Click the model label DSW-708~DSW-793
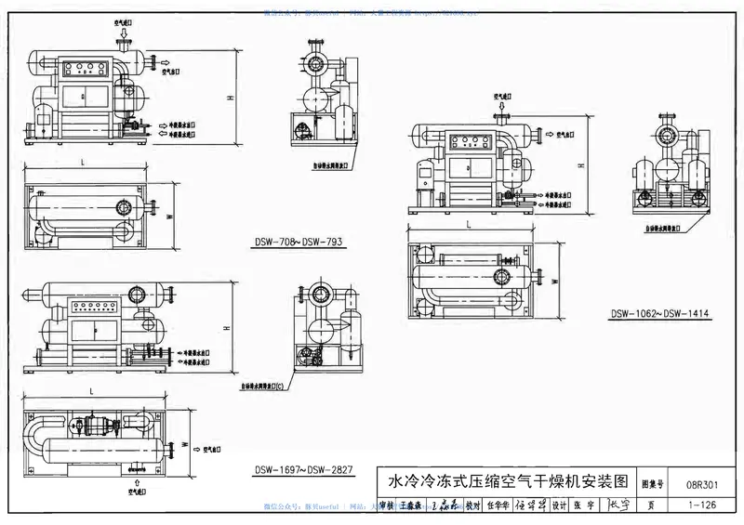(x=299, y=243)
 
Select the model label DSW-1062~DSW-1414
(x=659, y=314)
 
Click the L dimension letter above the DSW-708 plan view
(x=84, y=164)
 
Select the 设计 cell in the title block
(x=559, y=505)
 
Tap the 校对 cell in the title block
(x=472, y=505)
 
